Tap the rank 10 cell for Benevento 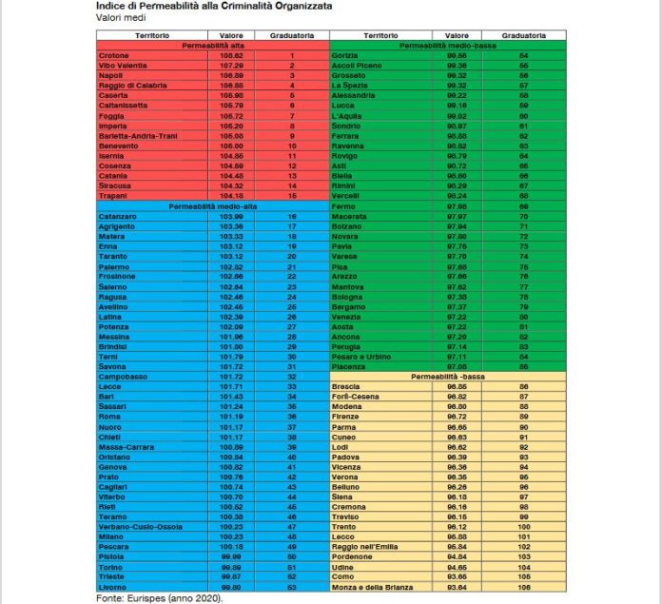pyautogui.click(x=293, y=146)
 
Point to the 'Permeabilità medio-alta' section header pyautogui.click(x=212, y=206)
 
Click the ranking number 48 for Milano pyautogui.click(x=293, y=536)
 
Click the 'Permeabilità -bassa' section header pyautogui.click(x=445, y=377)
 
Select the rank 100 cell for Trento pyautogui.click(x=550, y=527)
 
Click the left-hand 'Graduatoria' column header pyautogui.click(x=293, y=35)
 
